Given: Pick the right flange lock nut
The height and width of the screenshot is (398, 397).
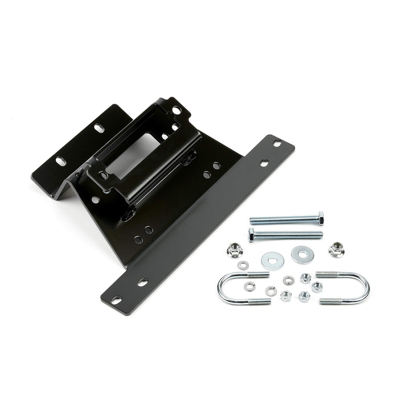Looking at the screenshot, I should click(x=336, y=249).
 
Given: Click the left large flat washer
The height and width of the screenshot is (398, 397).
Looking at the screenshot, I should click(x=273, y=261).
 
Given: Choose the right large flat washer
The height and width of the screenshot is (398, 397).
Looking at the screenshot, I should click(x=302, y=254).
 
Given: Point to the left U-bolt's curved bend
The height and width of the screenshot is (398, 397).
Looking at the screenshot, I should click(x=222, y=289).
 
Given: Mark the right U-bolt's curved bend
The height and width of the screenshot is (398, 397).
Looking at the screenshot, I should click(x=364, y=287).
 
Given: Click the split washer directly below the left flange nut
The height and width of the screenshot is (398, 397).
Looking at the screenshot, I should click(x=243, y=265).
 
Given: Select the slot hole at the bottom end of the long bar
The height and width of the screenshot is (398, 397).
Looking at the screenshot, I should click(x=116, y=300).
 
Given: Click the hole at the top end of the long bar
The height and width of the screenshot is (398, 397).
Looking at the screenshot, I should click(x=277, y=143).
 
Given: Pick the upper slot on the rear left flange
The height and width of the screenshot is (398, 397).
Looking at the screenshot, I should click(x=99, y=127).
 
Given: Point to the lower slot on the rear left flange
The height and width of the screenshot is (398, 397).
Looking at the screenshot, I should click(x=60, y=161).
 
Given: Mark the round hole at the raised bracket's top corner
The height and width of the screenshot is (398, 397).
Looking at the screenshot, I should click(x=176, y=110).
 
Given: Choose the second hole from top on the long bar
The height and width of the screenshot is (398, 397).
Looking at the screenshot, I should click(x=264, y=163).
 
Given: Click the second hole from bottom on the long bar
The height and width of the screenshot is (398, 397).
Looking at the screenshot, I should click(x=142, y=282).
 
